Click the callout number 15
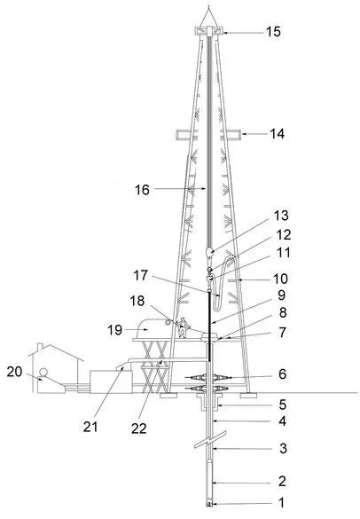point(273,32)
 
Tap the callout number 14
point(277,134)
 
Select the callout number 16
point(142,190)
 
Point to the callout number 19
point(114,330)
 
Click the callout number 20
point(14,372)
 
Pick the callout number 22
point(138,429)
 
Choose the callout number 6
point(282,374)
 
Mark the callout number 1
point(282,503)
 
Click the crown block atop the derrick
point(208,31)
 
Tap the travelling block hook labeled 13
point(209,253)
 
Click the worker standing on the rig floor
point(183,327)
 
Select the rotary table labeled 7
point(210,337)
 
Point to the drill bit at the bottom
point(209,504)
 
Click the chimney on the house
point(40,347)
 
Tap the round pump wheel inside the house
point(43,373)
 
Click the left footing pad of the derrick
point(168,395)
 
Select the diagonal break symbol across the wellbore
point(210,439)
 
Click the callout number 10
point(280,279)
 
